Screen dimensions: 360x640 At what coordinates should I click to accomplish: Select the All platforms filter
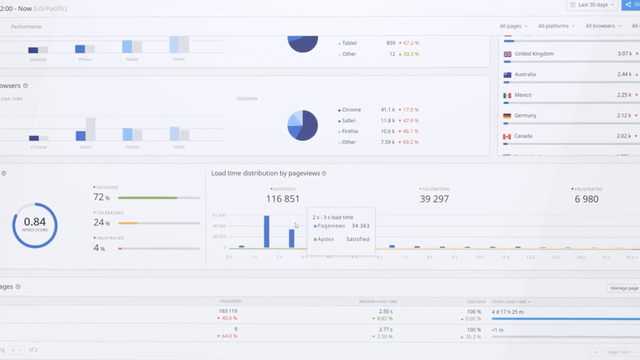[556, 26]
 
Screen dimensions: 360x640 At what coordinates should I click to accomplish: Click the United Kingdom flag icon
[508, 54]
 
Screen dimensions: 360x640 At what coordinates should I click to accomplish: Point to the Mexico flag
[508, 95]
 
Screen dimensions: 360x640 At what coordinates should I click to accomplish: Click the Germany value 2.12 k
[623, 116]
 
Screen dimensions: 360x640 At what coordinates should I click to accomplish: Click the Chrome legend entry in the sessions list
[350, 109]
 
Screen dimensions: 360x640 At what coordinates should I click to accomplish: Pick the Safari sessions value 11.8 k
[387, 120]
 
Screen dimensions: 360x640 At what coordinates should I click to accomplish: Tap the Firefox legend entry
[350, 131]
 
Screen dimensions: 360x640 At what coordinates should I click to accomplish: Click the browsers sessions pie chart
[302, 124]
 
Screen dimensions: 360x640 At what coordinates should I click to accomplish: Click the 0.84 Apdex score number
[35, 222]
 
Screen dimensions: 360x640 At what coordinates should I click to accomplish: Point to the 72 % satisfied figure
[101, 197]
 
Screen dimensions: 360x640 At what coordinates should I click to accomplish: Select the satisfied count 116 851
[283, 199]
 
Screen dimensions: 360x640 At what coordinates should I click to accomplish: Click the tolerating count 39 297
[433, 199]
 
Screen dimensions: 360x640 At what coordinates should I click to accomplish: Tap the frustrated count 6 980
[587, 199]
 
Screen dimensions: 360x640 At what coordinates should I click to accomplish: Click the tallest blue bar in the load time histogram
[266, 231]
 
